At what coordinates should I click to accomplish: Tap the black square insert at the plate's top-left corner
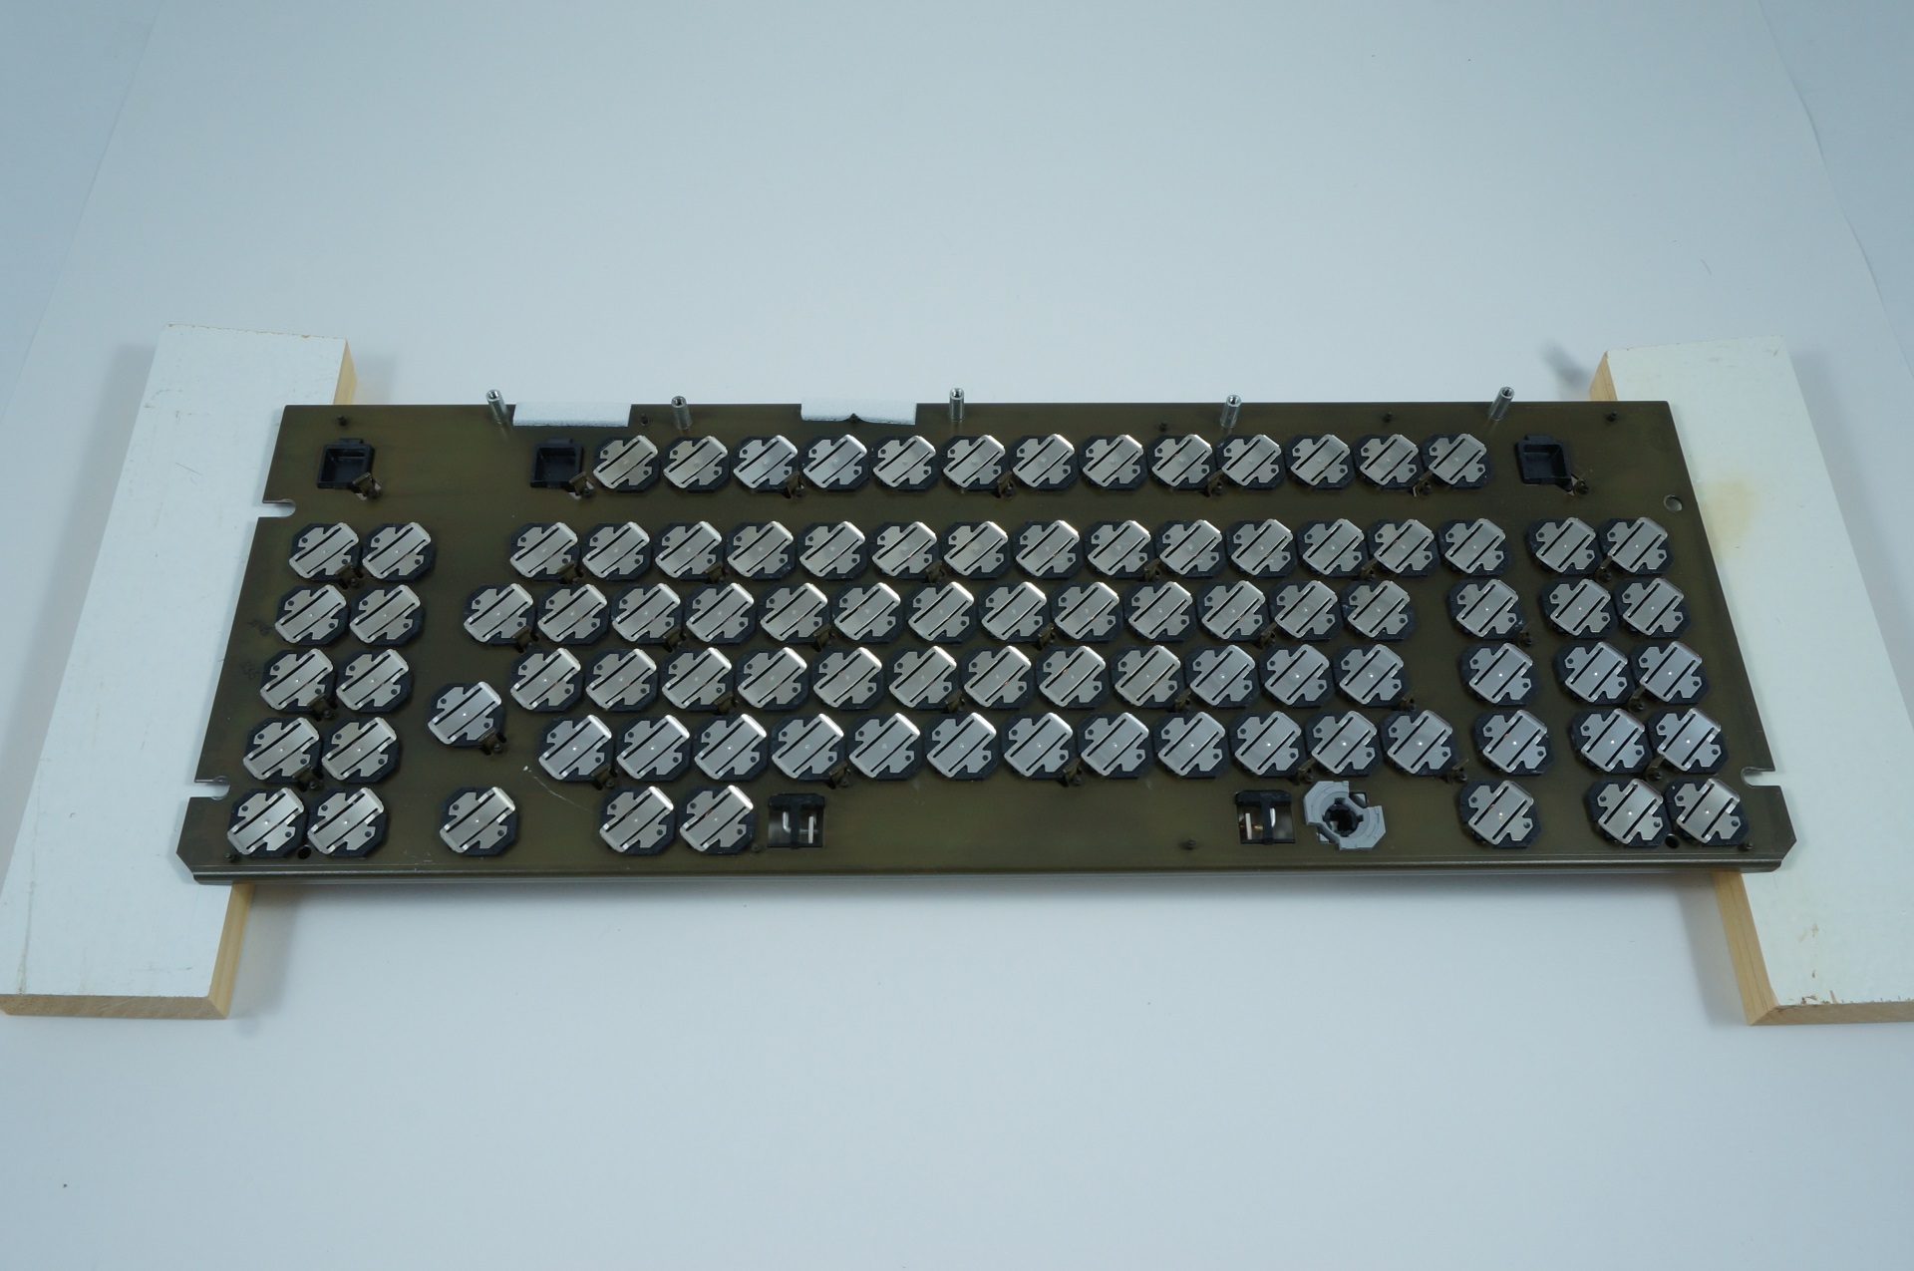click(x=346, y=462)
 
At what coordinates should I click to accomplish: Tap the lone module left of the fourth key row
click(x=467, y=712)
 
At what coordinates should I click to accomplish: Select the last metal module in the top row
click(x=1457, y=462)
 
